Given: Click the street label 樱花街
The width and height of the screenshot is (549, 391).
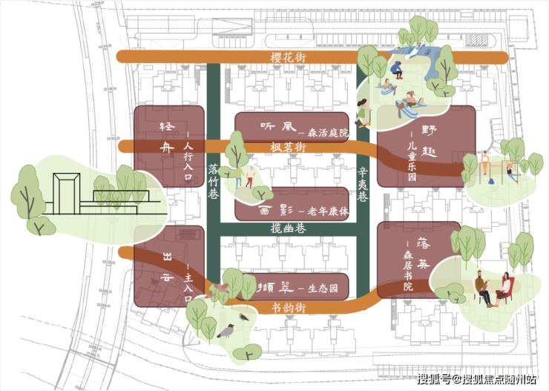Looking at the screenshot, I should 288,57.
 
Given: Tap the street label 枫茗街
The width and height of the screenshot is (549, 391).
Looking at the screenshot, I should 289,148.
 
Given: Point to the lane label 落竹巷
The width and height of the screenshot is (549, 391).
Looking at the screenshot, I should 213,180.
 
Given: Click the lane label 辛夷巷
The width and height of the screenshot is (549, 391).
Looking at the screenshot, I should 362,184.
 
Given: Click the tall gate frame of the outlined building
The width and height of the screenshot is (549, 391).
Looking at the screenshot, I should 65,192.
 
